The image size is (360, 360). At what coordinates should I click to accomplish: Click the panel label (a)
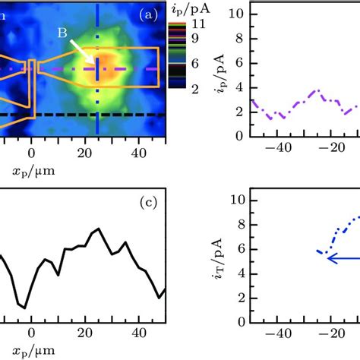148,14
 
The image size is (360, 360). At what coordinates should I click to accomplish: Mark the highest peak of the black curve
96,229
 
